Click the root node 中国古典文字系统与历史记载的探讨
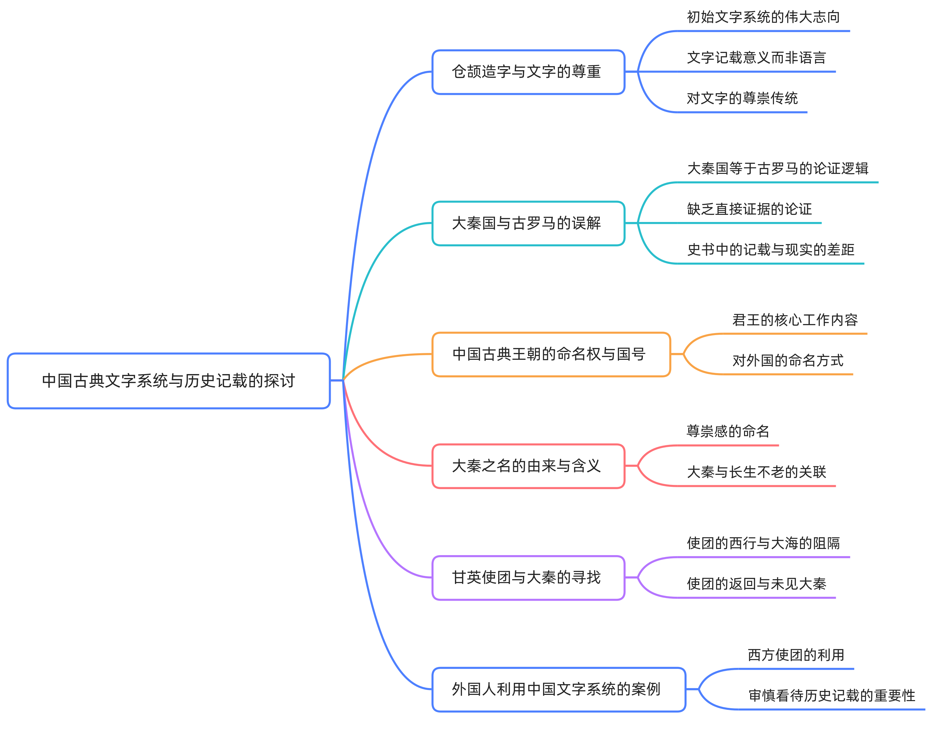coord(168,381)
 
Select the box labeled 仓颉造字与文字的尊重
coord(528,72)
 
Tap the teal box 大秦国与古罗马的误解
coord(528,223)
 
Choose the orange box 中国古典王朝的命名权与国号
coord(551,354)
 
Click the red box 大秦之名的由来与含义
coord(528,466)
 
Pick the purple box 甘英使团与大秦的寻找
coord(528,577)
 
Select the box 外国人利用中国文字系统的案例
coord(558,689)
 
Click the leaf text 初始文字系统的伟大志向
coord(763,17)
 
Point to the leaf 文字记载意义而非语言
coord(756,58)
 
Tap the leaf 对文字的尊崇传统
coord(742,98)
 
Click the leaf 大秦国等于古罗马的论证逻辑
coord(777,169)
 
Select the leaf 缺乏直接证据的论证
coord(749,209)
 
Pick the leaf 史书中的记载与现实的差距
coord(770,250)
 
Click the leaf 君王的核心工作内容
coord(794,320)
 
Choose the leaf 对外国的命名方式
coord(787,360)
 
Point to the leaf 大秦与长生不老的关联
coord(756,472)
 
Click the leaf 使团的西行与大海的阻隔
coord(763,543)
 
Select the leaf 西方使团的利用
coord(795,655)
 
